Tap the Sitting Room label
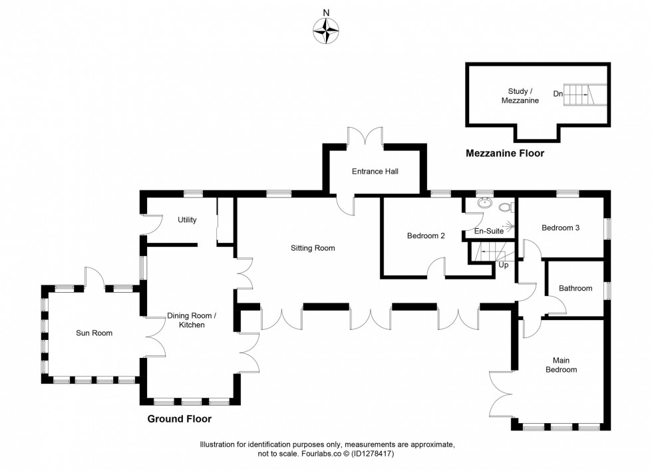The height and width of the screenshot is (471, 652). [312, 248]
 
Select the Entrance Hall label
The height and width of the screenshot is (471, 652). [375, 172]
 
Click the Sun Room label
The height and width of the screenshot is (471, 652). [94, 333]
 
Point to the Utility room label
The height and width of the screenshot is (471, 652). [187, 220]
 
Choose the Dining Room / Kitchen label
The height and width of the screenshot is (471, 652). [191, 321]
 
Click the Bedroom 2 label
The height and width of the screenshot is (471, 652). [426, 235]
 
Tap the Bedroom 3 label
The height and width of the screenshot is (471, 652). [560, 228]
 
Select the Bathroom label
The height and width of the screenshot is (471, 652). [575, 288]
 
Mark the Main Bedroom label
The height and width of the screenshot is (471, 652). [561, 365]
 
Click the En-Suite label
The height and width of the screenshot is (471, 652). [488, 231]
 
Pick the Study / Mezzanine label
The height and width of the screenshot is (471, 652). [520, 96]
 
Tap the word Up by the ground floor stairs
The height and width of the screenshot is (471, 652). [504, 265]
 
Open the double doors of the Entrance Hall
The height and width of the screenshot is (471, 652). [365, 136]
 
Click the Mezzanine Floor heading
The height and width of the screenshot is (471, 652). [504, 154]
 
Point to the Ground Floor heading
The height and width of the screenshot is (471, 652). [179, 419]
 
